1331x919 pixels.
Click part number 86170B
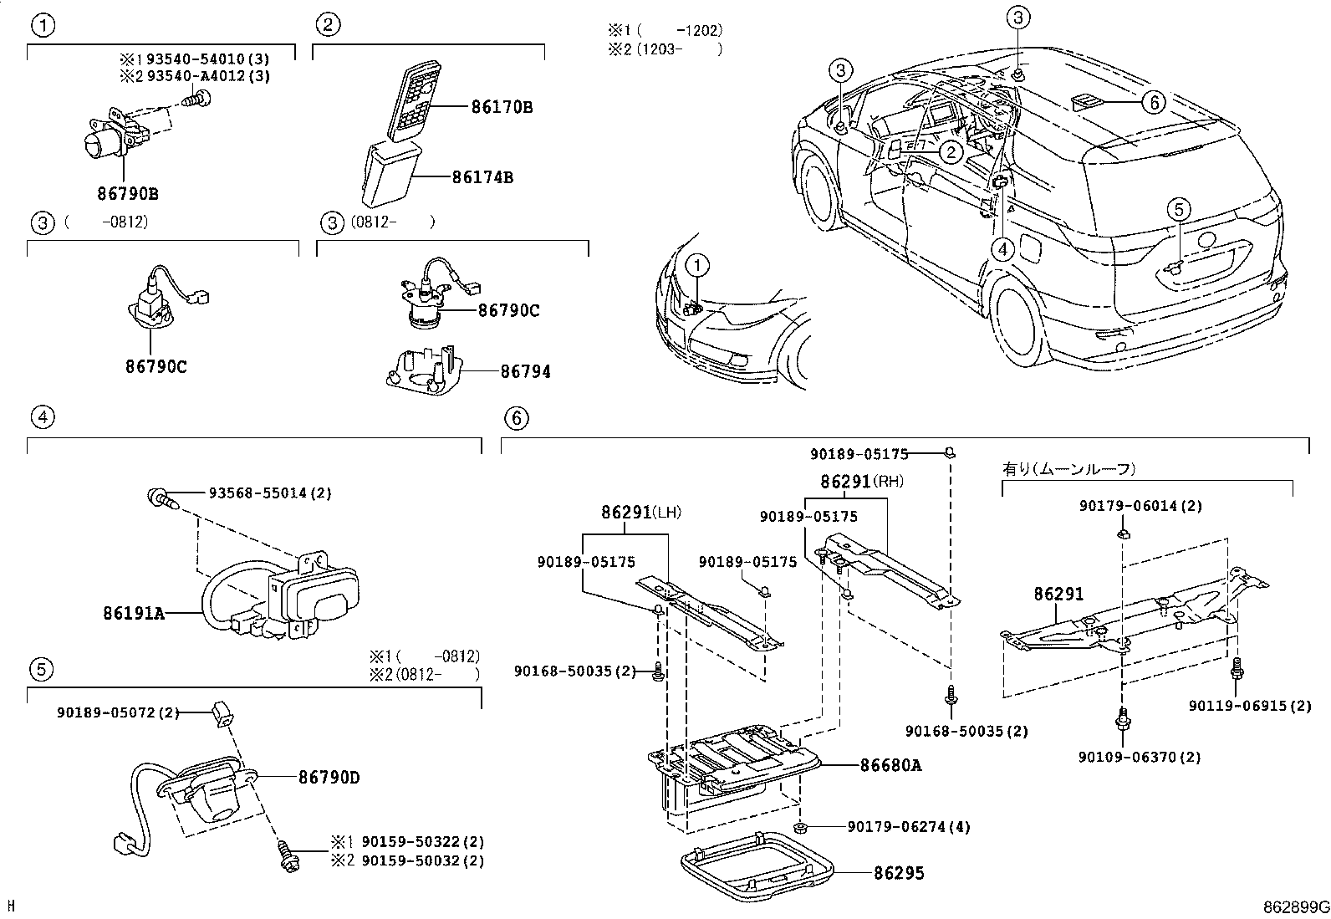coord(502,107)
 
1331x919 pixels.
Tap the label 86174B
coord(482,177)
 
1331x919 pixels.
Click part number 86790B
coord(127,194)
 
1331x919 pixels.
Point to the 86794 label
coord(525,371)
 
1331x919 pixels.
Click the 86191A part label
coord(134,613)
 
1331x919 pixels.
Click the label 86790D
coord(329,778)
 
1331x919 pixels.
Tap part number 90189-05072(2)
coord(118,712)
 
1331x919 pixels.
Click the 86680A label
coord(890,764)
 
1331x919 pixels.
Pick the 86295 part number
coord(899,874)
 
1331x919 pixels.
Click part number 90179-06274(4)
coord(908,827)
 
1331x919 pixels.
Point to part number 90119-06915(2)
coord(1249,707)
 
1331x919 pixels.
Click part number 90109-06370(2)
coord(1139,757)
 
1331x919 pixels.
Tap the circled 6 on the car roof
coord(1151,102)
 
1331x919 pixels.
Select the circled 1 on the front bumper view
coord(697,266)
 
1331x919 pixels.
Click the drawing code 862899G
coord(1295,907)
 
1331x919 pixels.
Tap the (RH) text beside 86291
coord(888,482)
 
